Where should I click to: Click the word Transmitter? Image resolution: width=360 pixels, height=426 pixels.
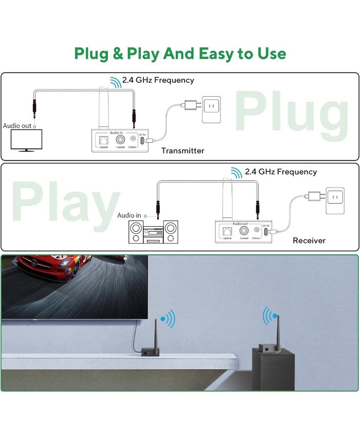[183, 151]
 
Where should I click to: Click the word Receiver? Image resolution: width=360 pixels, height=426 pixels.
[309, 241]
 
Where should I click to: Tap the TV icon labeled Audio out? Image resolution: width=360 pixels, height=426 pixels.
[26, 140]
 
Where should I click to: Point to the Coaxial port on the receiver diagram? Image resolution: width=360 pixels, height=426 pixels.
[244, 230]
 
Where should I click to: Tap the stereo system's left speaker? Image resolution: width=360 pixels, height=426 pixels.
[135, 233]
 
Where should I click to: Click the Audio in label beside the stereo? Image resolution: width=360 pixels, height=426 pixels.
[129, 216]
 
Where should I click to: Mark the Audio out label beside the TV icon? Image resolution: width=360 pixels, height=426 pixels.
[17, 126]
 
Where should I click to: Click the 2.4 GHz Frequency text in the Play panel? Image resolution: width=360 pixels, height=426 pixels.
[281, 172]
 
